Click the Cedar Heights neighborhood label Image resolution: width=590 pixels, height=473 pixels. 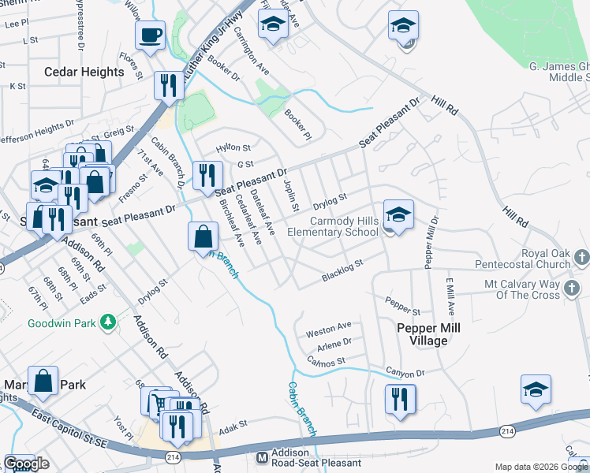click(x=84, y=72)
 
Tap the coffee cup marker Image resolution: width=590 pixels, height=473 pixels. click(x=150, y=36)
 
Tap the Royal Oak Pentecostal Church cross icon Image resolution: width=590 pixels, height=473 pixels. click(x=582, y=258)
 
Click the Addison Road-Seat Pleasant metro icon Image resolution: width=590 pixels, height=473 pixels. click(x=263, y=457)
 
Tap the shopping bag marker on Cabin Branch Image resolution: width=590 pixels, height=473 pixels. click(x=204, y=236)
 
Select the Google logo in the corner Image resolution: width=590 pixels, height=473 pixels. click(x=27, y=464)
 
